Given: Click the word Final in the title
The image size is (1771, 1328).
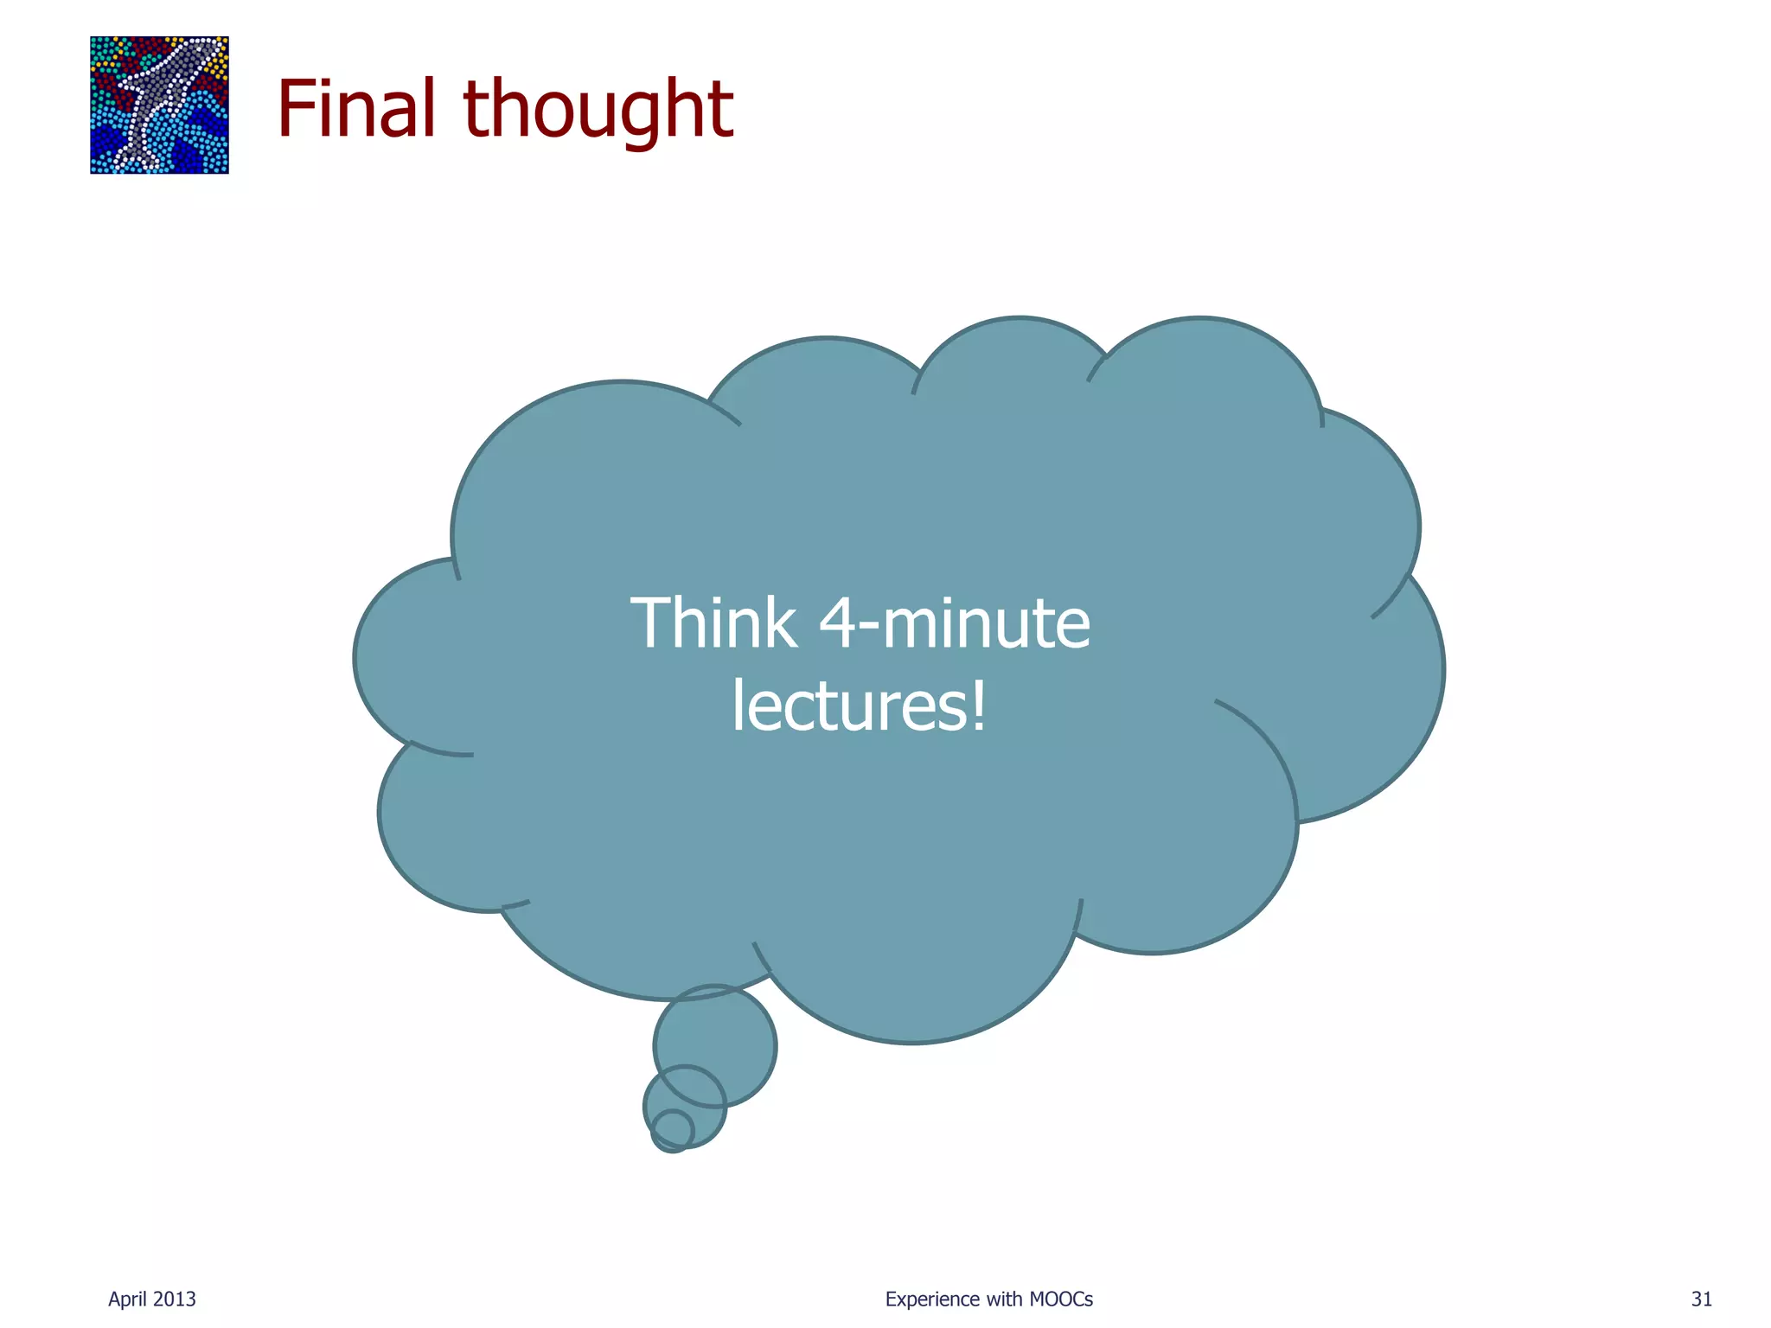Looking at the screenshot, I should [356, 109].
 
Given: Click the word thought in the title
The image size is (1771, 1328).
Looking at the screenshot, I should [598, 111].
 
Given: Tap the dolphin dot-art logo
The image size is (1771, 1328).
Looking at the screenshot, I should [160, 105].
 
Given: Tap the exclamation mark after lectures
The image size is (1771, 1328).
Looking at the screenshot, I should [977, 705].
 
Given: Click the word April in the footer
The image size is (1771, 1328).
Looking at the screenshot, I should [126, 1299].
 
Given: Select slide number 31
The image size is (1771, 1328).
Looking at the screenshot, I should [1702, 1299].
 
